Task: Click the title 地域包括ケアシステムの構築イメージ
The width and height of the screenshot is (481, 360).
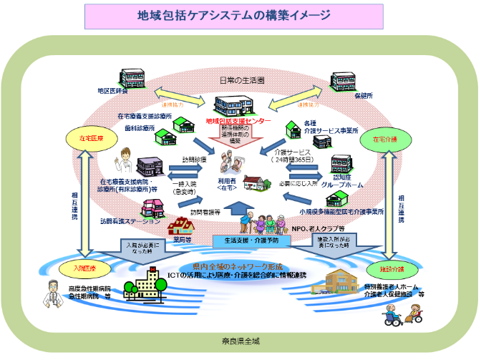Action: pyautogui.click(x=240, y=15)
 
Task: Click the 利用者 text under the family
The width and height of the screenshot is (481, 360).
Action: pyautogui.click(x=227, y=182)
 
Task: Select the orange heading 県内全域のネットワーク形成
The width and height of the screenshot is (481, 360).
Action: pyautogui.click(x=240, y=265)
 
